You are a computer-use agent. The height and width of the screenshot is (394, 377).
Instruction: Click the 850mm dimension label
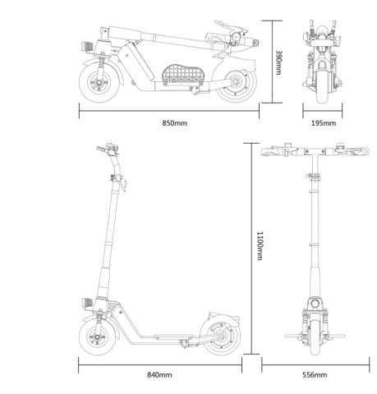pos(175,123)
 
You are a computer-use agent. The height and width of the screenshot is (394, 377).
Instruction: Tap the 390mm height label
pos(278,62)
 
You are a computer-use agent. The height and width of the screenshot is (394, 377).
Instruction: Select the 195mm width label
pos(324,123)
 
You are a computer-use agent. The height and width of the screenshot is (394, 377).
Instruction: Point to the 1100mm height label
pos(260,245)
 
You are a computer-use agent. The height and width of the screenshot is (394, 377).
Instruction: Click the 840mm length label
pos(159,374)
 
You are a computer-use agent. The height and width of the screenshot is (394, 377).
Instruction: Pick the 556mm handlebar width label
pos(315,374)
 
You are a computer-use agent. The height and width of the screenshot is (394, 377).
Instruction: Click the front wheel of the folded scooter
pos(99,82)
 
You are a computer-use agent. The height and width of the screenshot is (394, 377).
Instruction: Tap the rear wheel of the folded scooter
pos(237,83)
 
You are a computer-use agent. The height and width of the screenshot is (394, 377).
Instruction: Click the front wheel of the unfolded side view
pos(98,337)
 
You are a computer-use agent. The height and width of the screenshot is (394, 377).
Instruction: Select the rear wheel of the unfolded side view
pos(221,336)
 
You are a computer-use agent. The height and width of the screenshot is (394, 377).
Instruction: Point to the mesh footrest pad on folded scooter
pos(183,74)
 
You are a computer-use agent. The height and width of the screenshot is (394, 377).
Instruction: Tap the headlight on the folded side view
pos(88,46)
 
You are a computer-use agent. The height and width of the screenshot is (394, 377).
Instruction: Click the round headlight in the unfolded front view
pos(315,304)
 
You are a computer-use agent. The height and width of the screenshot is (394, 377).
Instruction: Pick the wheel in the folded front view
pos(323,84)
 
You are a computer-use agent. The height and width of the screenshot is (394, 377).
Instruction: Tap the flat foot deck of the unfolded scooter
pos(174,336)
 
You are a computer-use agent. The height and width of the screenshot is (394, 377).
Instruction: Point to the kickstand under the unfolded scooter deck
pos(185,343)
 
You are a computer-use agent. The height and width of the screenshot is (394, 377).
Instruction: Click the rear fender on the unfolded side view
pos(223,318)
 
